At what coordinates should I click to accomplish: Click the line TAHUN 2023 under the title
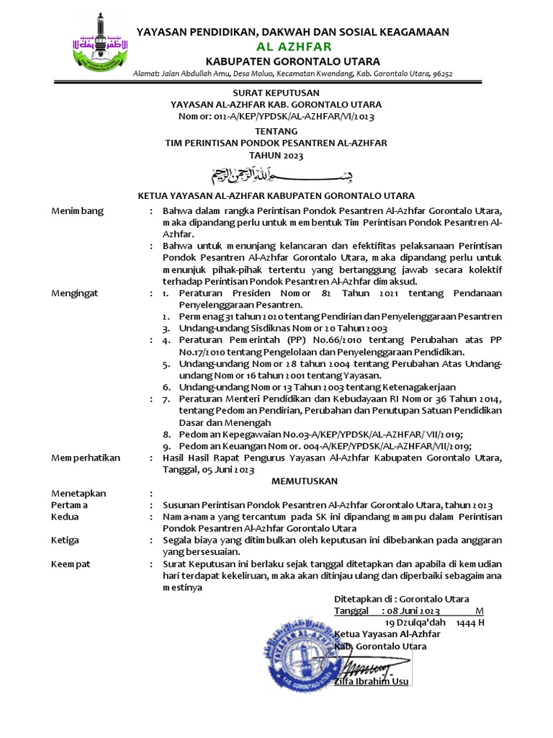click(x=276, y=155)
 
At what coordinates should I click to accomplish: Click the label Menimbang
click(x=77, y=210)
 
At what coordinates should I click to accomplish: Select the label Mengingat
click(x=75, y=293)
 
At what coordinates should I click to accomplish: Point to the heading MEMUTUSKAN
click(x=304, y=480)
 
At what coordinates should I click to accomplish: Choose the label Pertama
click(x=69, y=505)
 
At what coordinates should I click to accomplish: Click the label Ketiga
click(x=65, y=539)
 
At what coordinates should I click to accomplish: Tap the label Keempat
click(x=70, y=564)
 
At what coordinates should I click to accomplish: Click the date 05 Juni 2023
click(x=227, y=469)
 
